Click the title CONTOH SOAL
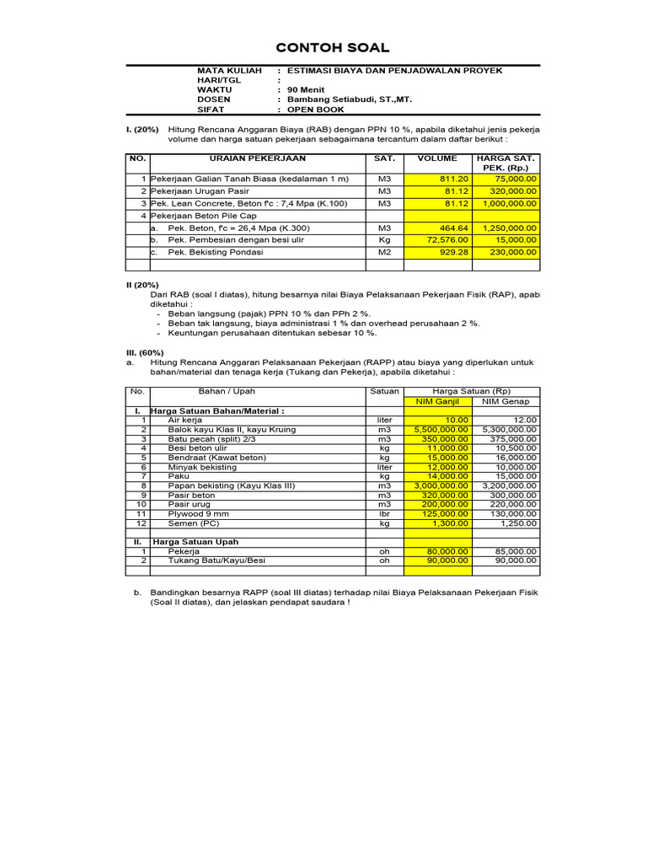tap(323, 48)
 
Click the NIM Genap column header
tap(505, 401)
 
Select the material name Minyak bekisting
tap(202, 467)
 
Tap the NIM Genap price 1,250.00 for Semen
tap(518, 523)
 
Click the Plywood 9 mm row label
tap(197, 513)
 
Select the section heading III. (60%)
tap(145, 352)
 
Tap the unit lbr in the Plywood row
tap(384, 513)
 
